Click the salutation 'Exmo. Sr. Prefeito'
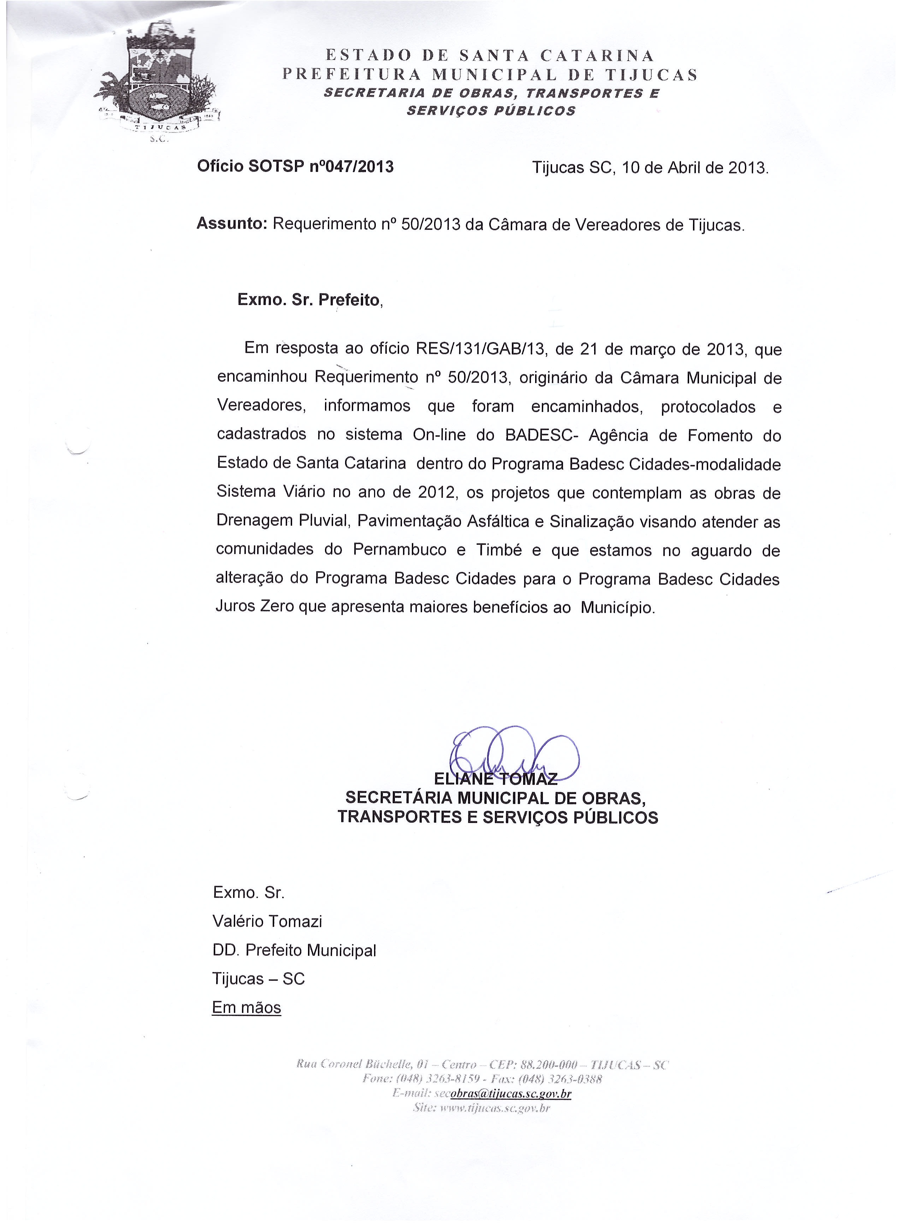tap(309, 300)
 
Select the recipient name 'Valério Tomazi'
tap(267, 921)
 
